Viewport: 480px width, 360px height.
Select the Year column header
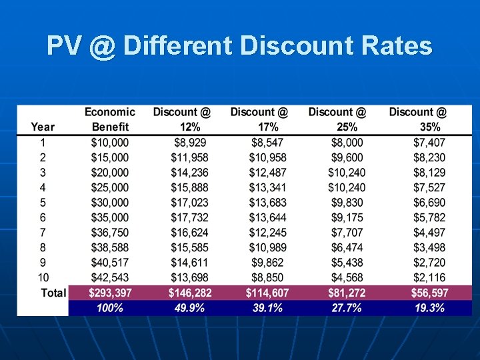tap(43, 127)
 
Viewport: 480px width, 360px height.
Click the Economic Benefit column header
tap(110, 119)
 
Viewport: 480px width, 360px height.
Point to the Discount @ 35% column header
tap(419, 119)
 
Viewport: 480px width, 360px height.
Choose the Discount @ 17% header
tap(259, 119)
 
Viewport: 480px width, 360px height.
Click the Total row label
tap(53, 293)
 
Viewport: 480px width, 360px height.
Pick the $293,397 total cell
tap(110, 293)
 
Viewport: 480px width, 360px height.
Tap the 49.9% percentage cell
tap(187, 308)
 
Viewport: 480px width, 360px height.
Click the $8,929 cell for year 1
tap(190, 142)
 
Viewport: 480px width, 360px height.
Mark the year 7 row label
tap(43, 232)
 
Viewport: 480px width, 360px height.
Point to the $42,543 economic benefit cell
tap(110, 277)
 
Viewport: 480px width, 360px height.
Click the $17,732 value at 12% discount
tap(189, 217)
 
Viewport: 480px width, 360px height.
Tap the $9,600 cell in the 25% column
tap(347, 157)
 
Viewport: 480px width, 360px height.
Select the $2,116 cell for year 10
tap(429, 277)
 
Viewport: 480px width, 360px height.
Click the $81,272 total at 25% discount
tap(346, 293)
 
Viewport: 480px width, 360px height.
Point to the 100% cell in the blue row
tap(109, 308)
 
